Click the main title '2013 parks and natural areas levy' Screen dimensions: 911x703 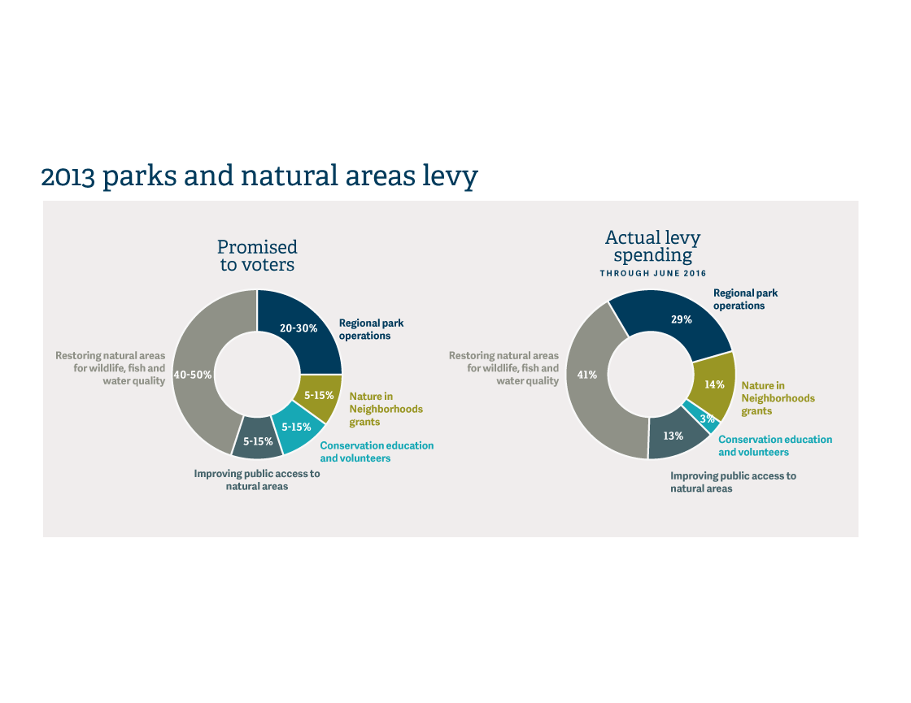[x=259, y=176]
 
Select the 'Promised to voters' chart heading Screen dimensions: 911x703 [x=257, y=255]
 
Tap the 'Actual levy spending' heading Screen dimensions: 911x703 [x=652, y=245]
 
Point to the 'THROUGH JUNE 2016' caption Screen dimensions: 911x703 [x=653, y=273]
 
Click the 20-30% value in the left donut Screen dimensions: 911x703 [x=299, y=328]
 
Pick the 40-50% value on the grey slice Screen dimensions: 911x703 [x=193, y=375]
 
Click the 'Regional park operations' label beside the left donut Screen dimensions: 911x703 [x=371, y=329]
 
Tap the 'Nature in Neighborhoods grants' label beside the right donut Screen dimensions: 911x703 [x=778, y=398]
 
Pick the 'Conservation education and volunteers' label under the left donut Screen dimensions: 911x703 [x=377, y=452]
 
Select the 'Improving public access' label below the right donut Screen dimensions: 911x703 [x=733, y=482]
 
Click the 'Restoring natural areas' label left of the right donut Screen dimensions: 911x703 [x=503, y=368]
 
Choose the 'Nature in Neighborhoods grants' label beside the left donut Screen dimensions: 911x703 [x=386, y=410]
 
